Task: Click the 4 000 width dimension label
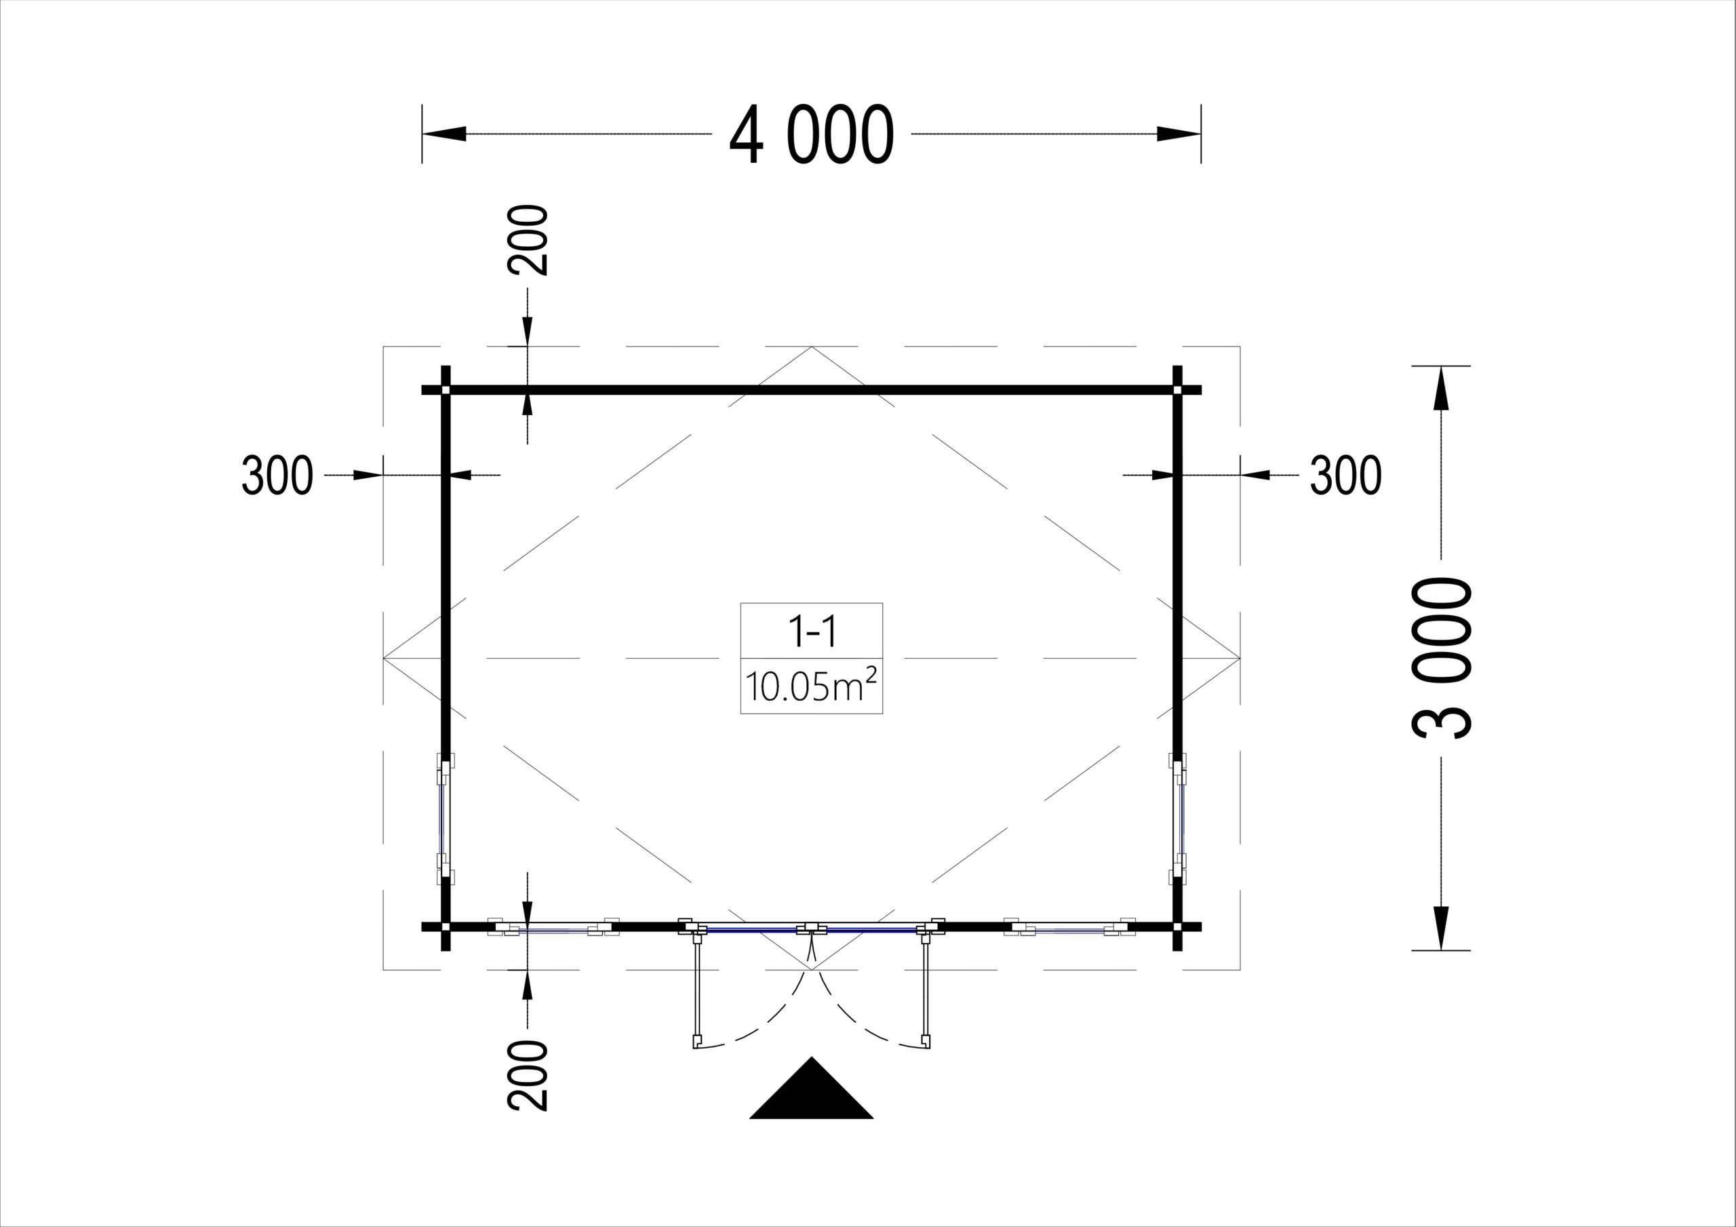pyautogui.click(x=811, y=135)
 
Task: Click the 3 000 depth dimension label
pyautogui.click(x=1442, y=657)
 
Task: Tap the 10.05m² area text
pyautogui.click(x=811, y=686)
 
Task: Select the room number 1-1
pyautogui.click(x=812, y=631)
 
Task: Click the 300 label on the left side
pyautogui.click(x=277, y=475)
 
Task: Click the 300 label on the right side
pyautogui.click(x=1346, y=475)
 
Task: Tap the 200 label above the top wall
pyautogui.click(x=528, y=240)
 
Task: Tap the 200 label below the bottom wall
pyautogui.click(x=528, y=1075)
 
